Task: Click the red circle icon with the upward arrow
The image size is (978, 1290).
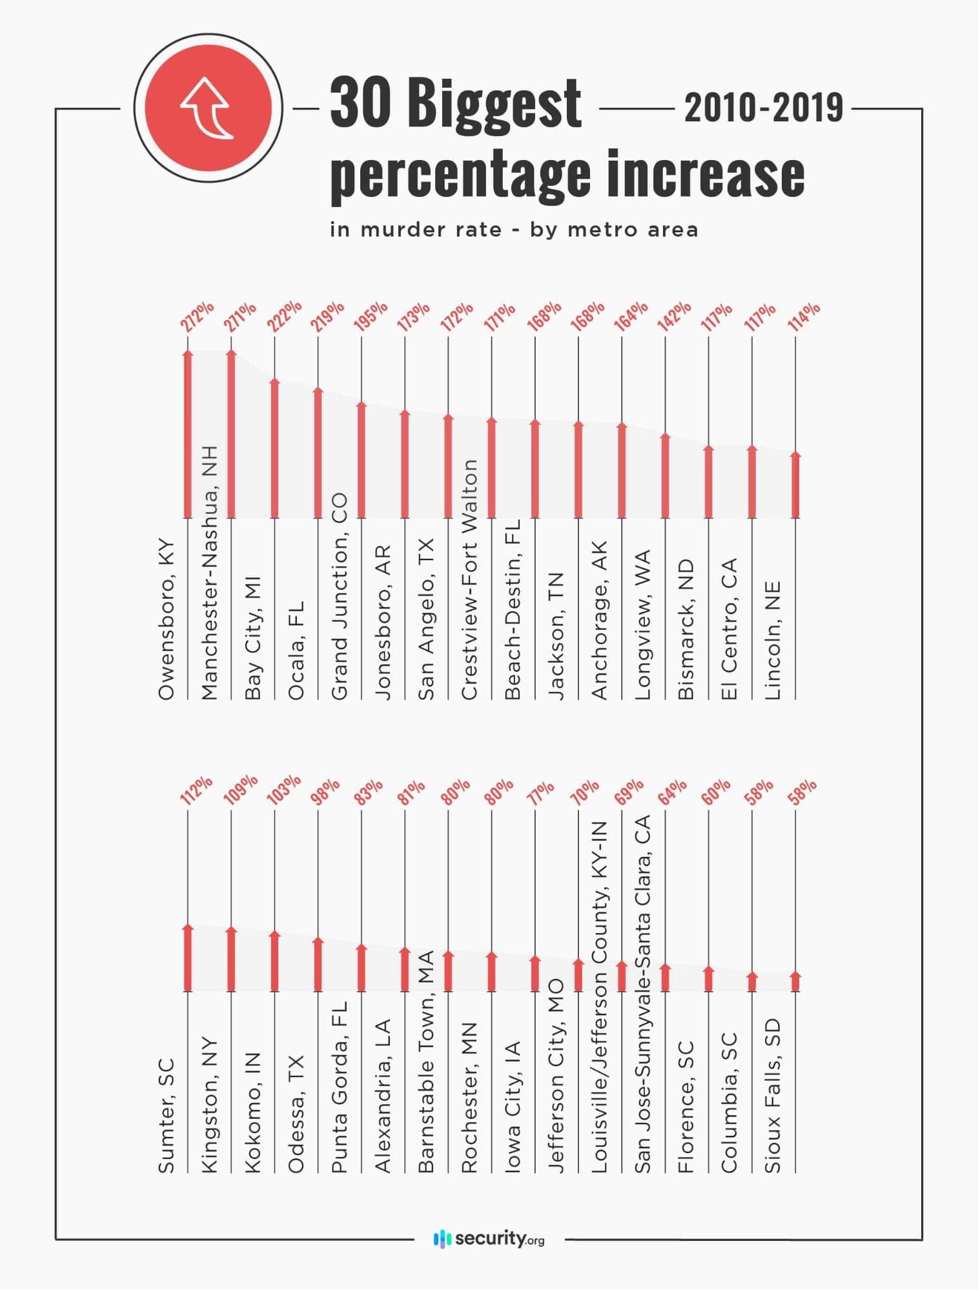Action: [208, 108]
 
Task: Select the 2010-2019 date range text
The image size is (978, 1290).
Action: [764, 108]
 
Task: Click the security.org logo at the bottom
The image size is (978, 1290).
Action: [489, 1238]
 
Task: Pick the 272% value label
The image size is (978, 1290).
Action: [197, 316]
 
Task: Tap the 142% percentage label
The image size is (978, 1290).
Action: [675, 316]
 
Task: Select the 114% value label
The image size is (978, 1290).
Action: [804, 316]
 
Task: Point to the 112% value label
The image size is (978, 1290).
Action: [196, 790]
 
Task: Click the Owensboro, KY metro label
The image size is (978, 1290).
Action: [167, 620]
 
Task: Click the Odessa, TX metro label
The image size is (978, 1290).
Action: [296, 1113]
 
